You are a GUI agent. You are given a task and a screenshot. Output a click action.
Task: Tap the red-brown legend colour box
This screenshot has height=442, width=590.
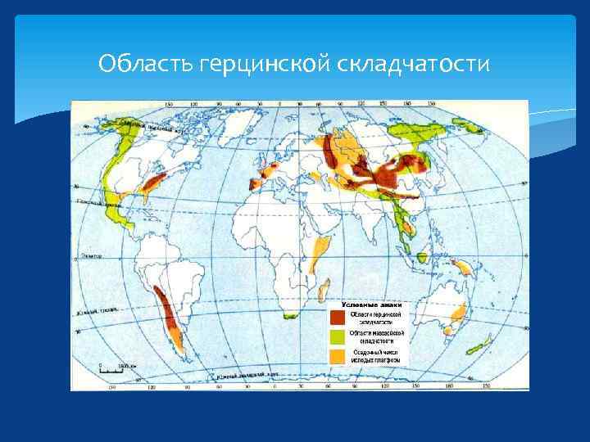(x=338, y=316)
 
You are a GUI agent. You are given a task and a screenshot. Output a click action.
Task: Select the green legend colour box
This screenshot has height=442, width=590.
(x=338, y=336)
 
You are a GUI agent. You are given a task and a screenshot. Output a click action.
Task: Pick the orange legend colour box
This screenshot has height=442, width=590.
(x=338, y=356)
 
